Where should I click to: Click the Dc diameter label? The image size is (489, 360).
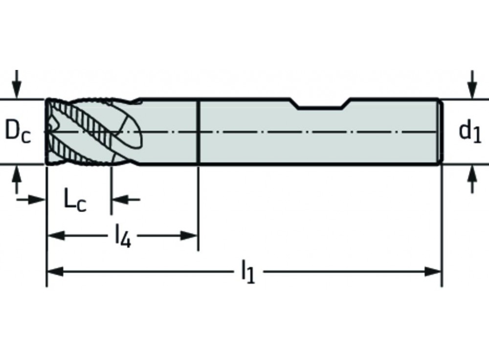click(x=18, y=132)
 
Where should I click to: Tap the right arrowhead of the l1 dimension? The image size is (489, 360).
click(x=433, y=271)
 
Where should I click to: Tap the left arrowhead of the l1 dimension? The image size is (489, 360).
click(x=55, y=271)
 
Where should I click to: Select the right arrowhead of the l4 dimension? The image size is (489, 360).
click(x=188, y=236)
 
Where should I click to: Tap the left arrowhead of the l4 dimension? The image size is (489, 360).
click(x=55, y=236)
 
